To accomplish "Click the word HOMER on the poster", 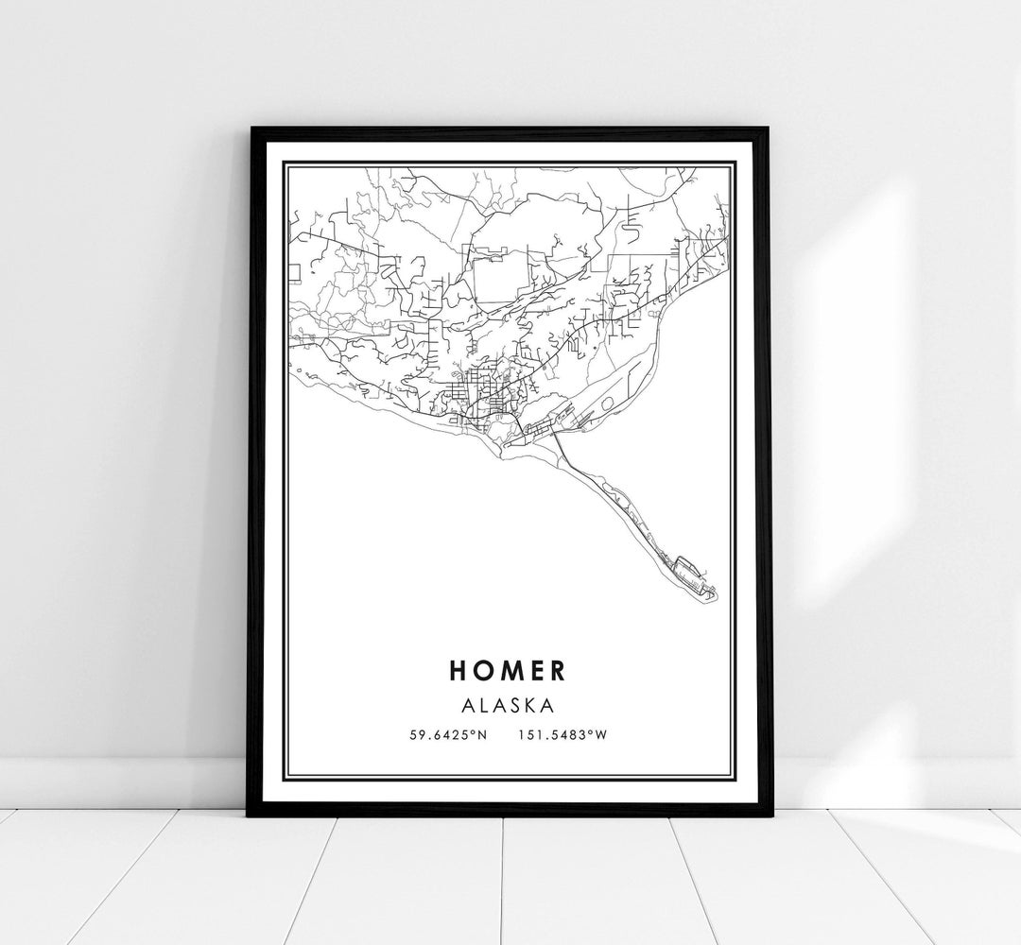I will click(x=509, y=670).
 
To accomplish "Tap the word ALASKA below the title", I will click(x=510, y=704).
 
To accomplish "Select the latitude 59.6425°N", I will click(x=447, y=733).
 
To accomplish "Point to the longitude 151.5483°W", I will click(x=562, y=733).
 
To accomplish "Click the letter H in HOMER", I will click(x=459, y=670).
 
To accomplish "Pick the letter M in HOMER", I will click(x=510, y=670).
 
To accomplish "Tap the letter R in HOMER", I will click(x=558, y=670).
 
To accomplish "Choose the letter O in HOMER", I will click(x=484, y=670).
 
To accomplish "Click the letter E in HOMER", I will click(x=535, y=670).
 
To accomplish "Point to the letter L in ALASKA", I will click(x=488, y=704).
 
